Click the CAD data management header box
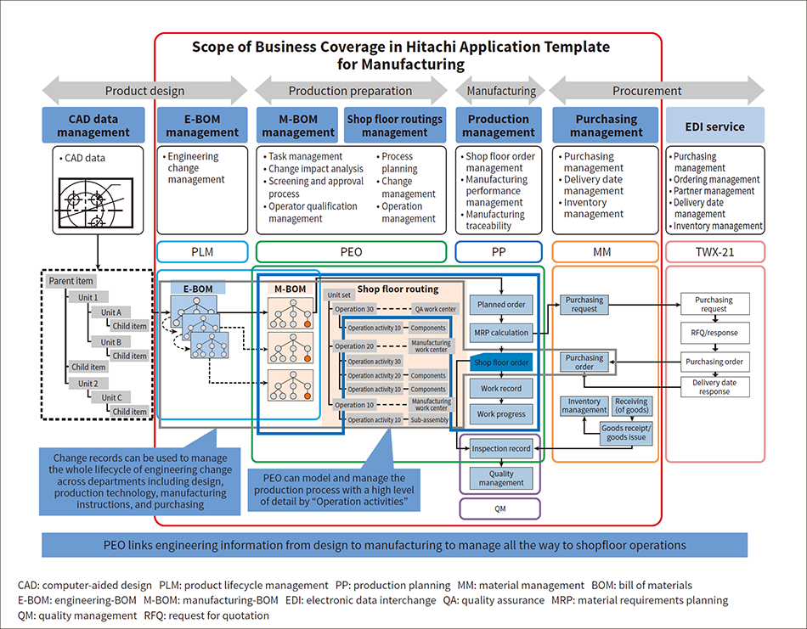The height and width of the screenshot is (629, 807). tap(99, 126)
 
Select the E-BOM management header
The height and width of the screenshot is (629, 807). tap(202, 126)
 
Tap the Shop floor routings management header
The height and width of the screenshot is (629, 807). tap(394, 126)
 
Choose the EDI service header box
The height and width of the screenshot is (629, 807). tap(714, 126)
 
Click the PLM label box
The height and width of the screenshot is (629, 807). tap(202, 251)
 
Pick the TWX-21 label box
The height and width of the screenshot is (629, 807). tap(714, 251)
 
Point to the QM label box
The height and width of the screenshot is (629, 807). tap(499, 508)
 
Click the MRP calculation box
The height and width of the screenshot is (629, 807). tap(502, 332)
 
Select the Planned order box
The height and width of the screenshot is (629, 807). tap(502, 304)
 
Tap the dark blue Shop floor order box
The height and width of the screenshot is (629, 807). tap(501, 362)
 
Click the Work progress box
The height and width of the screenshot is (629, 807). tap(501, 414)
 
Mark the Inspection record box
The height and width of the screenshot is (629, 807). tap(501, 448)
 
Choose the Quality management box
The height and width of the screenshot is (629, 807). tap(501, 478)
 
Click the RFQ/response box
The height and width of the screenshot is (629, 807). tap(714, 333)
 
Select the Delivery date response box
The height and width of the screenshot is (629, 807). tap(714, 387)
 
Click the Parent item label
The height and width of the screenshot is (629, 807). tap(72, 281)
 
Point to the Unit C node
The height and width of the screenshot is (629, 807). tap(110, 397)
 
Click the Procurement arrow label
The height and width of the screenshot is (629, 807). tap(646, 91)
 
